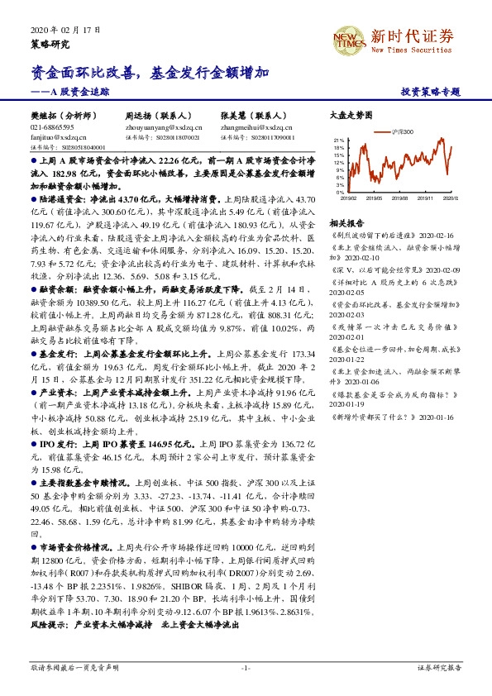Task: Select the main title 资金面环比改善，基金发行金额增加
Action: [146, 74]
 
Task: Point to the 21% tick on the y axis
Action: [339, 141]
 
